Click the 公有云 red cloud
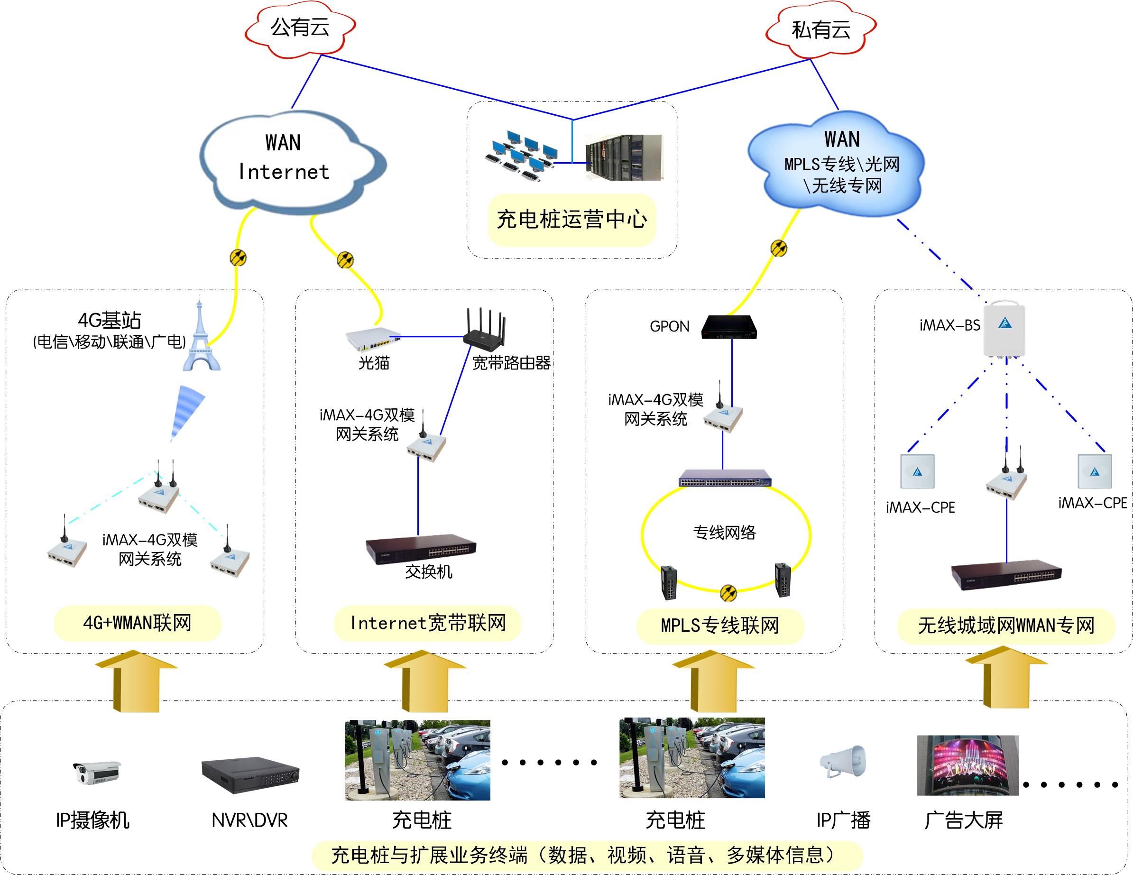pos(300,28)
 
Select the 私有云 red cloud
pos(820,30)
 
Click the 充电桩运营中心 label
pos(571,220)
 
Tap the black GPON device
pos(728,327)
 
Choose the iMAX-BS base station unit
pos(1005,328)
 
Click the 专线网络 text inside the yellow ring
pos(724,533)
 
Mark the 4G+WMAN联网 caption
pos(138,623)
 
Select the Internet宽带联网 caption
pos(428,623)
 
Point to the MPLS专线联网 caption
pos(720,626)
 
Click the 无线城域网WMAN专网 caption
pos(1006,626)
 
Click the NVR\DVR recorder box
pos(250,775)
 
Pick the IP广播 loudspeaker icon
pos(844,762)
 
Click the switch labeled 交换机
pos(421,549)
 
